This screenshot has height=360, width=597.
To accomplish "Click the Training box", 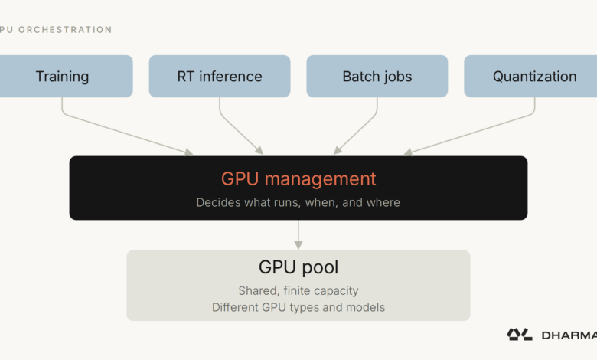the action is point(65,76).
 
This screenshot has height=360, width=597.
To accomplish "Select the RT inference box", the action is point(220,76).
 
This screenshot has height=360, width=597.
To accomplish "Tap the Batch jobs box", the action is point(377,76).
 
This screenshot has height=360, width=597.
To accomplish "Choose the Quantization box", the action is point(530,76).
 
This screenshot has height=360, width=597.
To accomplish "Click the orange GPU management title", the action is point(298,179).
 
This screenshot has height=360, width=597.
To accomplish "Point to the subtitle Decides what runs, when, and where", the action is point(298,202).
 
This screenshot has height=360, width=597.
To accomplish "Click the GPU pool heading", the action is point(298,267).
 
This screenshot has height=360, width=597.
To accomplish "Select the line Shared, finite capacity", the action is point(298,290).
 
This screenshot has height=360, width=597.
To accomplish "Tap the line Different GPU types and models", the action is point(298,307).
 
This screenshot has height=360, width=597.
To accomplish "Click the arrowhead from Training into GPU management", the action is point(189,152).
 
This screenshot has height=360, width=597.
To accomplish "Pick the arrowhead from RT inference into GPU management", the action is point(259,151).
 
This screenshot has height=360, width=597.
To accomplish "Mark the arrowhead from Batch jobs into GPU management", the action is point(338,151).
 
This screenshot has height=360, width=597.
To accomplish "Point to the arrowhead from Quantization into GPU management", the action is point(408,152).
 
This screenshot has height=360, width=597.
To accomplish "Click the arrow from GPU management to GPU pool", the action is point(298,234).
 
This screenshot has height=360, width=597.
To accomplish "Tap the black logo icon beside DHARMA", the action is point(520,335).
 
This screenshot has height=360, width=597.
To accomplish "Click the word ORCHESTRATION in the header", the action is point(65,30).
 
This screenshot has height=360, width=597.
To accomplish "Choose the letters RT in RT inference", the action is point(186,77).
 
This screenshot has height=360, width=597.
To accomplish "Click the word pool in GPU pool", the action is point(320,268).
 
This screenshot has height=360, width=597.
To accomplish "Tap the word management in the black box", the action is point(320,179).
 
